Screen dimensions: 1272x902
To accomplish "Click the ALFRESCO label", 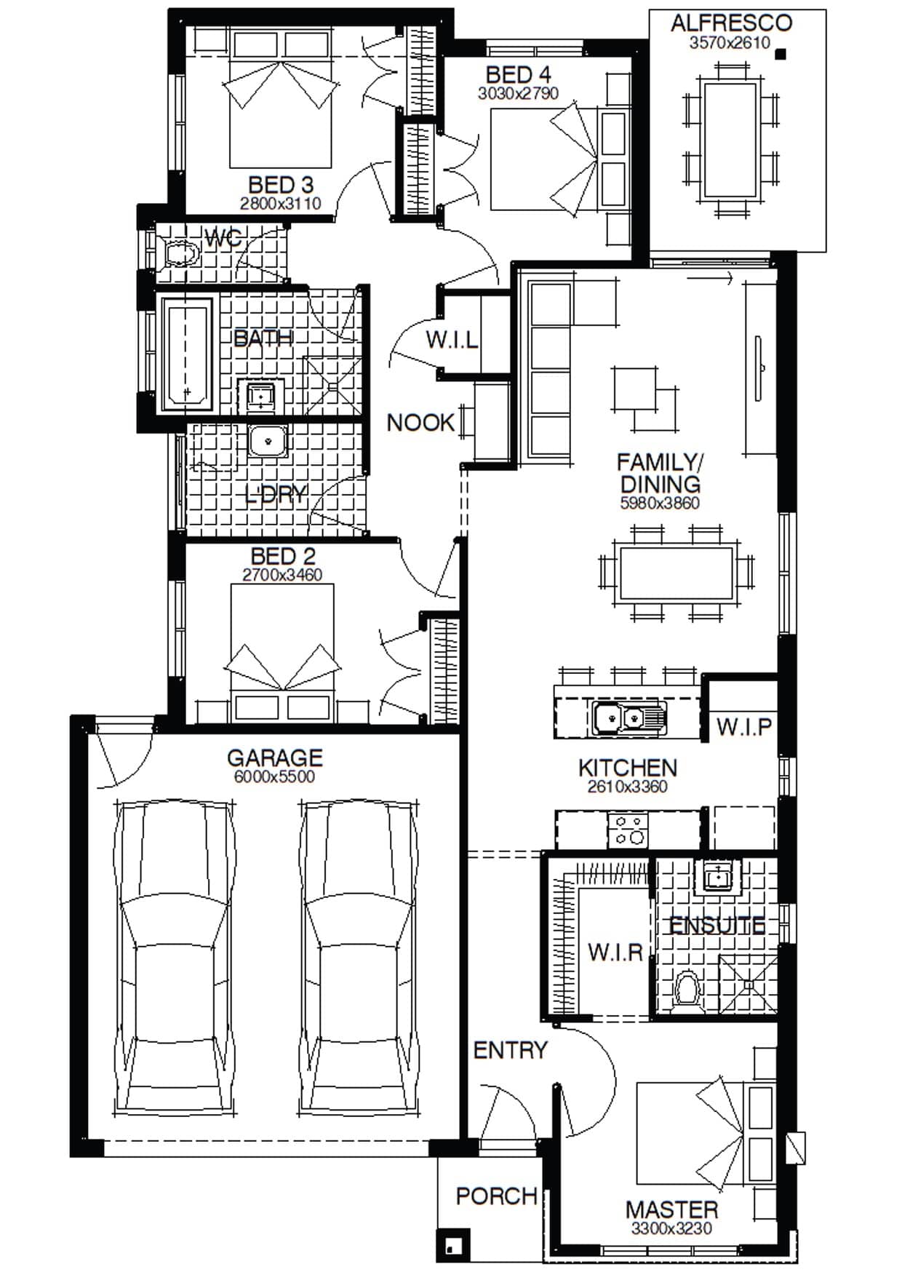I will point(731,23).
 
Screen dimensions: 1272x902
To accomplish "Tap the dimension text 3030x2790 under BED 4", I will point(518,94).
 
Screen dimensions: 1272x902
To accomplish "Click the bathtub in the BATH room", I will point(188,354).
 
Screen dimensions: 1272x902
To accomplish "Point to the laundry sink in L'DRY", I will point(268,441).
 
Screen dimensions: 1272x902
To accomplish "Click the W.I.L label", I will point(452,340).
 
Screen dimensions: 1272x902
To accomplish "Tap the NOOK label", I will point(420,423).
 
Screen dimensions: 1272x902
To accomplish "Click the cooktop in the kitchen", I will point(628,830).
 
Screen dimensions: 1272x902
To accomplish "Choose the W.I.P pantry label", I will point(743,727).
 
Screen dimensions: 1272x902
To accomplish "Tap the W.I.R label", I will point(615,952).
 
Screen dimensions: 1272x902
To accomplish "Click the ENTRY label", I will point(510,1050).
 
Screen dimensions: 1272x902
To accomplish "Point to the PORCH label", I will point(496,1196).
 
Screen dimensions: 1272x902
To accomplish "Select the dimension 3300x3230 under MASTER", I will point(671,1229).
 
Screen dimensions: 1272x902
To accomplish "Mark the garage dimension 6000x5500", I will point(274,777).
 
